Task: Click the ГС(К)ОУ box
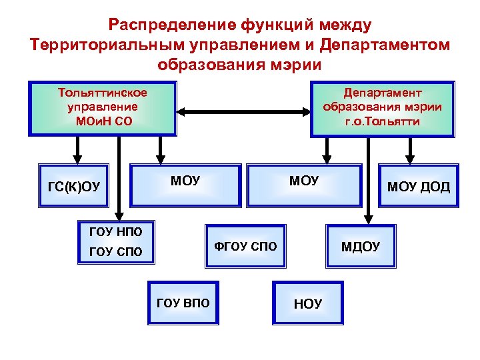pyautogui.click(x=74, y=186)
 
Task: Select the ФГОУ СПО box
pyautogui.click(x=244, y=246)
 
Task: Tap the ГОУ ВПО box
pyautogui.click(x=182, y=303)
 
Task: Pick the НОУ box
pyautogui.click(x=307, y=304)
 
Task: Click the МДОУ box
pyautogui.click(x=361, y=246)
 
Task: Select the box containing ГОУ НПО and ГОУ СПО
pyautogui.click(x=115, y=242)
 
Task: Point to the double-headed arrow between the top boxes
pyautogui.click(x=243, y=111)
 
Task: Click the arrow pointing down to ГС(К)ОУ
pyautogui.click(x=78, y=151)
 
